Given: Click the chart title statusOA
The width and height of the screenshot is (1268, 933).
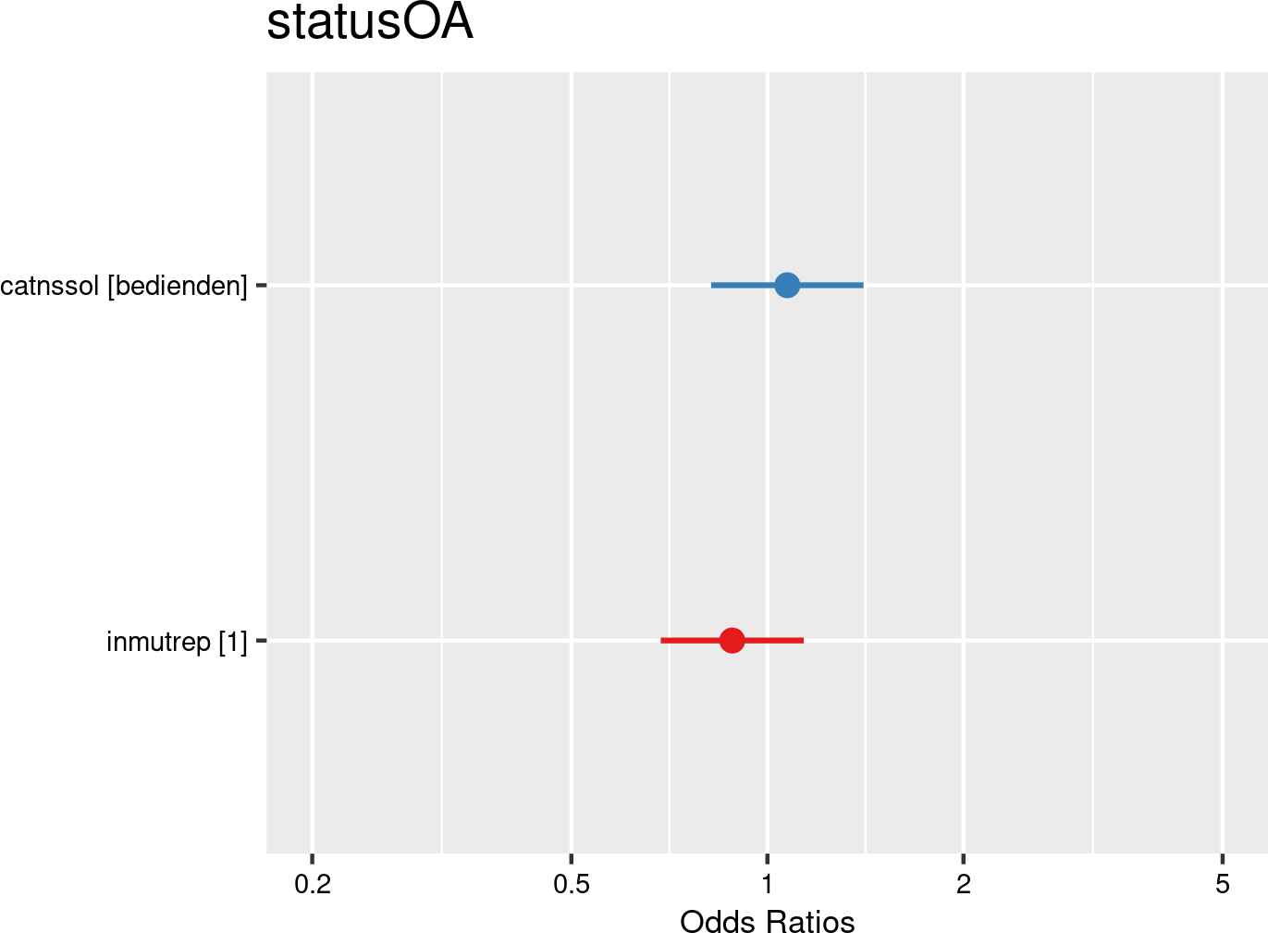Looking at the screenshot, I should pyautogui.click(x=370, y=23).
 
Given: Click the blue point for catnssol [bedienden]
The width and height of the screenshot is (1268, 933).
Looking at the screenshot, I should pyautogui.click(x=786, y=285).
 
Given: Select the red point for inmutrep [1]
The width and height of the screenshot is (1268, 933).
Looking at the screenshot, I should pyautogui.click(x=732, y=640).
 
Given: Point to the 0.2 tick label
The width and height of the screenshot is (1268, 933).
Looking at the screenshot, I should pyautogui.click(x=313, y=885).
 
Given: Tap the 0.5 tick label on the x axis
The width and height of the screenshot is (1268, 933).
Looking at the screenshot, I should pyautogui.click(x=572, y=885).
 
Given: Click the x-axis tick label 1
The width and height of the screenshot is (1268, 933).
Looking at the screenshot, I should pyautogui.click(x=768, y=885).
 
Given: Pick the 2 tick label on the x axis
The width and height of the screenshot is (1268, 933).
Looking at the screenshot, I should pyautogui.click(x=964, y=885).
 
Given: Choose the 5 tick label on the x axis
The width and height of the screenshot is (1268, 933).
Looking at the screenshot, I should pyautogui.click(x=1223, y=885).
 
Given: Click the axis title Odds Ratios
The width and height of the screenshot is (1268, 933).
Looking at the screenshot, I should pyautogui.click(x=767, y=921).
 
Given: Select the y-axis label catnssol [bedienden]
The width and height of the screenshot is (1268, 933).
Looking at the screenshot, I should pyautogui.click(x=124, y=287).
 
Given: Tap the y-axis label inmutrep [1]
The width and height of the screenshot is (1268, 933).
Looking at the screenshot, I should pyautogui.click(x=177, y=641).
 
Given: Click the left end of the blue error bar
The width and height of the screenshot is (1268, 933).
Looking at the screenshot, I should pyautogui.click(x=712, y=285).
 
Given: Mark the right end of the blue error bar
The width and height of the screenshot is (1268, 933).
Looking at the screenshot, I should pyautogui.click(x=862, y=285).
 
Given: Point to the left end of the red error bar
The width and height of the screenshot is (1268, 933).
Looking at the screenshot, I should pyautogui.click(x=662, y=640).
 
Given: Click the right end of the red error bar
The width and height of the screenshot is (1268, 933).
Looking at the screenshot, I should pyautogui.click(x=802, y=640).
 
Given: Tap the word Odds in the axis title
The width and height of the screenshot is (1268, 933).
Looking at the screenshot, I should pyautogui.click(x=710, y=921).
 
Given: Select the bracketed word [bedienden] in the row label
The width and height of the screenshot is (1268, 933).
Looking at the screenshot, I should pyautogui.click(x=178, y=287).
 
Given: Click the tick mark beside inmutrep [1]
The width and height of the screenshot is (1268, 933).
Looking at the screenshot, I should pyautogui.click(x=261, y=640).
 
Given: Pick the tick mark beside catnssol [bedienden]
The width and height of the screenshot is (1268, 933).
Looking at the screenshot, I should pyautogui.click(x=261, y=285).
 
